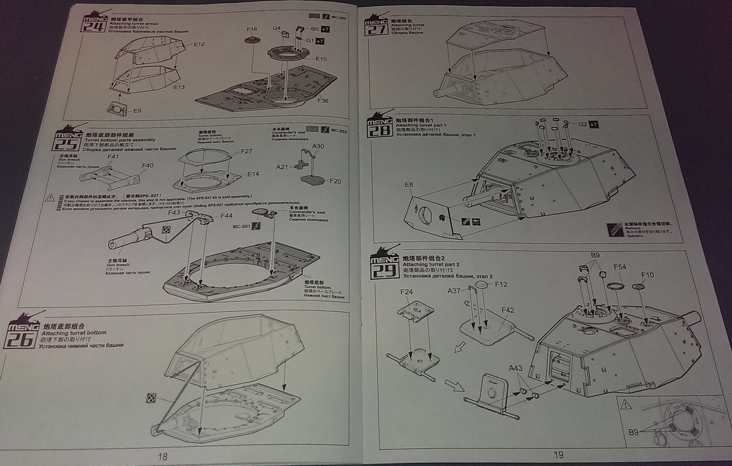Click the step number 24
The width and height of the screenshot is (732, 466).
click(91, 26)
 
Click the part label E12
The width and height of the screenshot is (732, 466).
click(199, 44)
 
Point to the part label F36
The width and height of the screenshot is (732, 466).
click(323, 101)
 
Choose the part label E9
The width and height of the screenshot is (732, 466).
click(137, 111)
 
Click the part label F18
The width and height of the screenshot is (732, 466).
click(252, 29)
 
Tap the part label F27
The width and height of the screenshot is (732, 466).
click(246, 151)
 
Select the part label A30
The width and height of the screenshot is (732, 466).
click(318, 146)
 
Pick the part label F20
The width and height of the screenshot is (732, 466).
click(335, 181)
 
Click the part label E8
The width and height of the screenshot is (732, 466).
click(409, 185)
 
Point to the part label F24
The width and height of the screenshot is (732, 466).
click(406, 292)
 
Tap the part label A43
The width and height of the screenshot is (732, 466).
click(516, 368)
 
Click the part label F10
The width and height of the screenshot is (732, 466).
click(647, 275)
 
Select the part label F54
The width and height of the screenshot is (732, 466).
click(620, 267)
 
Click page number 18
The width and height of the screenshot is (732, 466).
click(162, 456)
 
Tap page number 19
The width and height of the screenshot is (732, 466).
click(559, 455)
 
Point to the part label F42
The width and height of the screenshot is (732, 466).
click(508, 310)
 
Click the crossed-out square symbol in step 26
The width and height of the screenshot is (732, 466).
click(151, 398)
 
